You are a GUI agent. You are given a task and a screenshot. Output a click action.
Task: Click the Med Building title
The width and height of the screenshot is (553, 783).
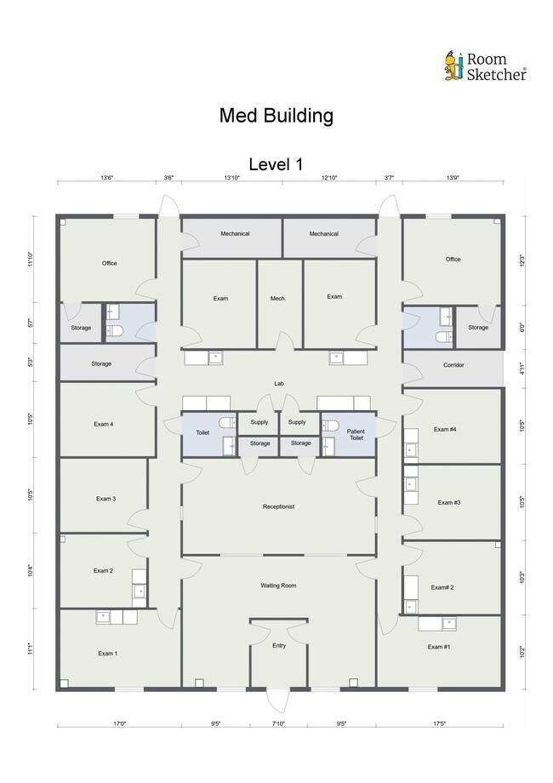click(276, 116)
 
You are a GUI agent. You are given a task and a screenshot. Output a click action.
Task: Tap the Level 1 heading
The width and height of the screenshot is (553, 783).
click(276, 164)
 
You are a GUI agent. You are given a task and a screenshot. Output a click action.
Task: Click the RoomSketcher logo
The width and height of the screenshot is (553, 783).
click(485, 66)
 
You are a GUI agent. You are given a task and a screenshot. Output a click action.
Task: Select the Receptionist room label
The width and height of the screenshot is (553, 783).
click(278, 506)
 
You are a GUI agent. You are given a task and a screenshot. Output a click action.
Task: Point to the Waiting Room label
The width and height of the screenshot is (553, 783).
click(278, 586)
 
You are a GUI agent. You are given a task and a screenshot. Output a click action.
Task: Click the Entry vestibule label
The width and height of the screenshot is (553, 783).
click(279, 645)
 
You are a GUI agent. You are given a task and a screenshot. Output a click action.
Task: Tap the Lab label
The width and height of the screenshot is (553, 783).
click(279, 384)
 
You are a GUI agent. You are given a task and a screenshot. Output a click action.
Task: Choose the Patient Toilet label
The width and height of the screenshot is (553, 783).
click(356, 434)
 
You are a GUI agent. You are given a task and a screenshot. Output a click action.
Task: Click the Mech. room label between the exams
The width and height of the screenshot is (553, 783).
click(278, 299)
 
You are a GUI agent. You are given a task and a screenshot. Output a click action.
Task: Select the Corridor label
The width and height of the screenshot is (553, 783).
click(453, 365)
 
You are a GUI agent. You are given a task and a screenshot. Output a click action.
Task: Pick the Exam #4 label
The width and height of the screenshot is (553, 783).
click(445, 429)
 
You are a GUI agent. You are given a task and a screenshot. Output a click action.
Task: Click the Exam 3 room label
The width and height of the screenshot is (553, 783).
click(105, 499)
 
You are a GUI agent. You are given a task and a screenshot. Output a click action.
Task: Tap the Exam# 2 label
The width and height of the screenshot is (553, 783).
click(442, 587)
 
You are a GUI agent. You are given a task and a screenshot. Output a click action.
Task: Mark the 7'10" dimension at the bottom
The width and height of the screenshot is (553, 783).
click(278, 723)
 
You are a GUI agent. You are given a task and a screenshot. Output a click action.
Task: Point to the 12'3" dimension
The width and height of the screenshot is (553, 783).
click(522, 260)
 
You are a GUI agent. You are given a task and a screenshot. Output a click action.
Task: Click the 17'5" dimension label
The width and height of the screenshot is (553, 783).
click(439, 723)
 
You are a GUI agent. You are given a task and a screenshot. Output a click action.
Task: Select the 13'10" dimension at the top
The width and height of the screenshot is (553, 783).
click(231, 177)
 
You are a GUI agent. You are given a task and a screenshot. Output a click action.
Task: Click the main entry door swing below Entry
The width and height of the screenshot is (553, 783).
click(278, 700)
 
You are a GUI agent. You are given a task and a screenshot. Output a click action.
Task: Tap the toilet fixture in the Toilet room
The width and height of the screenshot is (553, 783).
click(227, 423)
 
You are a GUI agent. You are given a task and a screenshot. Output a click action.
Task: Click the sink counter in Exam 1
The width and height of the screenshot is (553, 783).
click(117, 617)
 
